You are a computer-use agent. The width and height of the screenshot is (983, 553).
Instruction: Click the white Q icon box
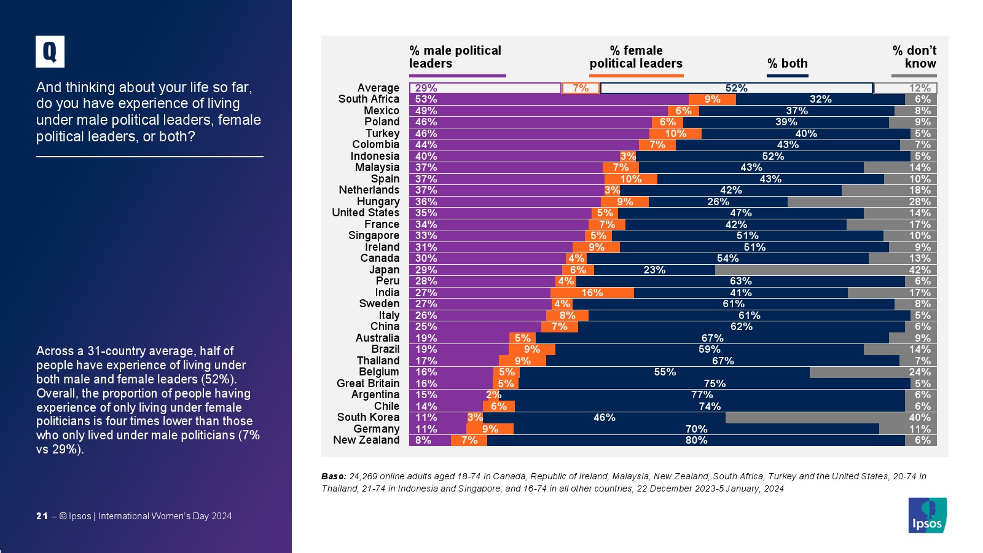(50, 52)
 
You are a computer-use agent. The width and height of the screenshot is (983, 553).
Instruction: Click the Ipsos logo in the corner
(927, 515)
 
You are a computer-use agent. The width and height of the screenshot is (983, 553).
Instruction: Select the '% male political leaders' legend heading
(455, 57)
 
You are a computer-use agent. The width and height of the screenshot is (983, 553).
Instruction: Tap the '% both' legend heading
(787, 63)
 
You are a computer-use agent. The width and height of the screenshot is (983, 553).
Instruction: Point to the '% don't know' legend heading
(914, 57)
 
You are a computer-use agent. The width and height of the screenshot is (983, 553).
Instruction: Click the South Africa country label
(369, 99)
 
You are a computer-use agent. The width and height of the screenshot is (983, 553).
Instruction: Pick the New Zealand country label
(366, 440)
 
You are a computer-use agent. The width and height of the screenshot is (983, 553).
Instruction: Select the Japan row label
(384, 270)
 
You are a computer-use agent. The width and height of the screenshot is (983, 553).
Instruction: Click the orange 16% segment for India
(592, 292)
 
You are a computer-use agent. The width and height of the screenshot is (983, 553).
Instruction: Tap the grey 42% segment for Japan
(826, 270)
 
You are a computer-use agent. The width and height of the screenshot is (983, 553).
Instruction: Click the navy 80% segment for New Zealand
(695, 440)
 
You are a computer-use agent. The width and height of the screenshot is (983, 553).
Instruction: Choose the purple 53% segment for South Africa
(549, 99)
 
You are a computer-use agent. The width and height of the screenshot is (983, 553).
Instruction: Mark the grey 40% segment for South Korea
(831, 418)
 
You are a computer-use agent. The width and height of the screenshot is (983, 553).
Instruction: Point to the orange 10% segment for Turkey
(675, 133)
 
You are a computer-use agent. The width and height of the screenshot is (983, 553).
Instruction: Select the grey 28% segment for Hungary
(862, 202)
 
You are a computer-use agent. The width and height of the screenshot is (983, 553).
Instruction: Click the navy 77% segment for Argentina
(702, 394)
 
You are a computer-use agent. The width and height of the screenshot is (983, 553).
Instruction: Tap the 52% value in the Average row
(736, 88)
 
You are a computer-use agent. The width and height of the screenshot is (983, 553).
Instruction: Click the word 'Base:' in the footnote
(334, 476)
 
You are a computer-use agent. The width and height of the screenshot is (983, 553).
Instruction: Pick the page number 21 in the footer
(42, 516)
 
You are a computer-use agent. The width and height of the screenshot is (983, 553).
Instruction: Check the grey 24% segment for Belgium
(873, 372)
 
